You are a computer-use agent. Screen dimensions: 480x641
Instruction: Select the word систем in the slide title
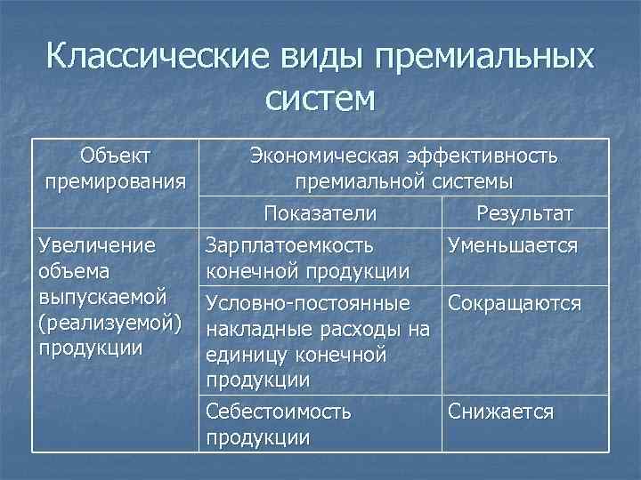[320, 98]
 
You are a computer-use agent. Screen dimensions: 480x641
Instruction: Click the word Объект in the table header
[115, 156]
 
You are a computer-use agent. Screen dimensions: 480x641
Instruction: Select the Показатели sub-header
[320, 214]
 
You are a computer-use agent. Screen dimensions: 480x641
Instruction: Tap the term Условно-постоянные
[308, 304]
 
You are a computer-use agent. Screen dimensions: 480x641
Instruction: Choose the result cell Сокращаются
[515, 304]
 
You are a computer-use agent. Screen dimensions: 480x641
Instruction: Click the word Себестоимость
[278, 412]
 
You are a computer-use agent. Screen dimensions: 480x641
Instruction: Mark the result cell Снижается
[501, 412]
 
